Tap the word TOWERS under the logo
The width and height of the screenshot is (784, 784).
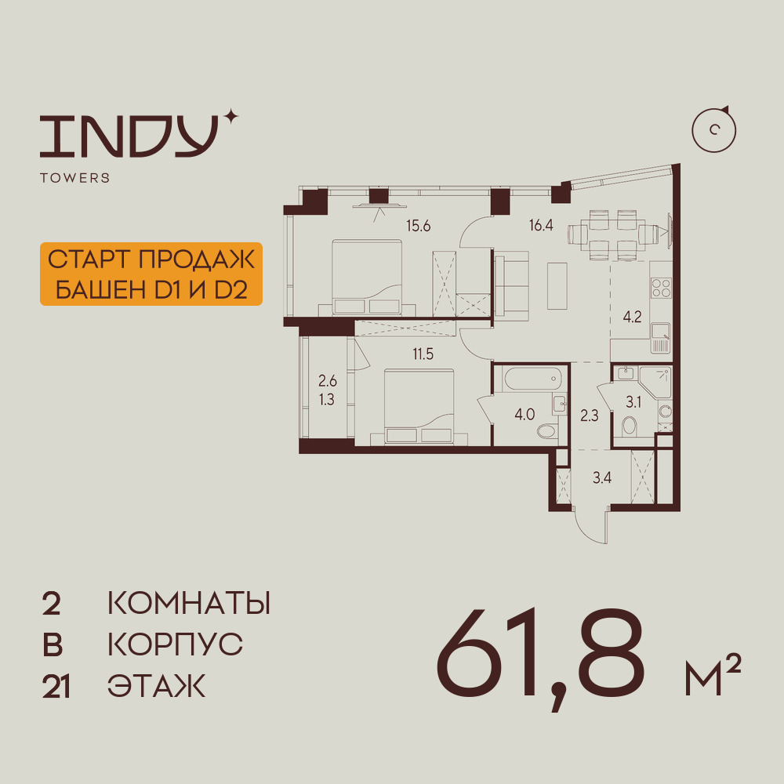[x=74, y=178]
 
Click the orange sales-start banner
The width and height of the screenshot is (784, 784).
[x=150, y=274]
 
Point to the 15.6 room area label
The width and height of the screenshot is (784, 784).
[x=419, y=227]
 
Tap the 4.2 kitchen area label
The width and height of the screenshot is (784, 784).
[x=632, y=318]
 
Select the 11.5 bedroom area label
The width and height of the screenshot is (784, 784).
[x=423, y=353]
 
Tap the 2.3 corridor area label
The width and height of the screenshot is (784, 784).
[x=590, y=416]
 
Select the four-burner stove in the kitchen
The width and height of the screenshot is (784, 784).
[x=661, y=289]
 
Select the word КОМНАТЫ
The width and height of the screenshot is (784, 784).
[x=188, y=604]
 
